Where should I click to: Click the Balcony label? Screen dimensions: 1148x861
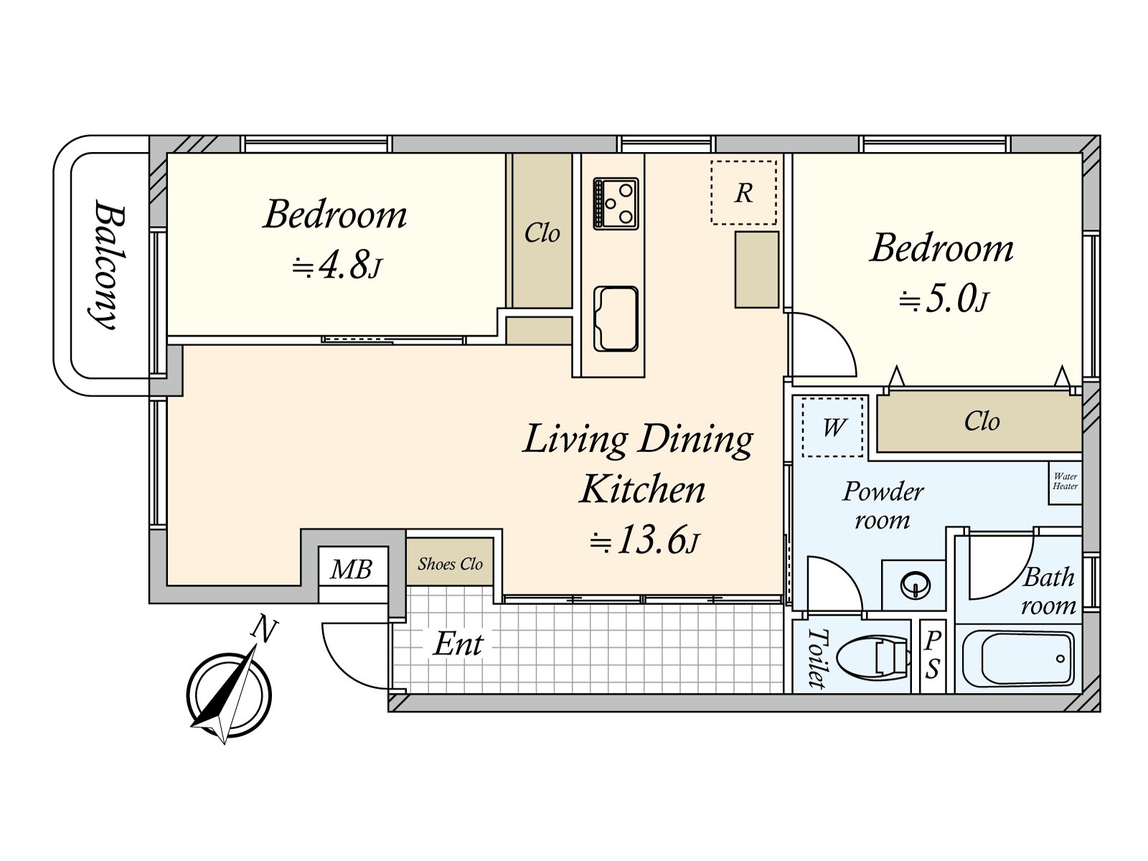click(109, 265)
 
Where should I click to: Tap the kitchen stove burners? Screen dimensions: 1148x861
click(616, 203)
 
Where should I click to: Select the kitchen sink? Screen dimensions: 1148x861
click(616, 319)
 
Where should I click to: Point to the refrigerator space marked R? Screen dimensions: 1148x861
click(743, 192)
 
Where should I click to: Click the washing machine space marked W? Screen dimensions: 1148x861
click(832, 427)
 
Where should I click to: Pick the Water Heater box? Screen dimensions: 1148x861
click(1065, 482)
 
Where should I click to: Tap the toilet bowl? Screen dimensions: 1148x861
click(872, 656)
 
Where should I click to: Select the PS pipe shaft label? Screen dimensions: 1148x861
click(933, 655)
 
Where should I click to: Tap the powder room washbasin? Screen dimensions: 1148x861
click(915, 585)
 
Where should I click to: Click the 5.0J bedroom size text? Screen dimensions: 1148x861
click(944, 299)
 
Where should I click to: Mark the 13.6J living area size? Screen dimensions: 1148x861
click(644, 540)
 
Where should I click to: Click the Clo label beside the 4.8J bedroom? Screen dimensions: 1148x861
click(542, 232)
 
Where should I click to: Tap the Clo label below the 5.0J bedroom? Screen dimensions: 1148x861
click(982, 421)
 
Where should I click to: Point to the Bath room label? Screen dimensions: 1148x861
click(1049, 591)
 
